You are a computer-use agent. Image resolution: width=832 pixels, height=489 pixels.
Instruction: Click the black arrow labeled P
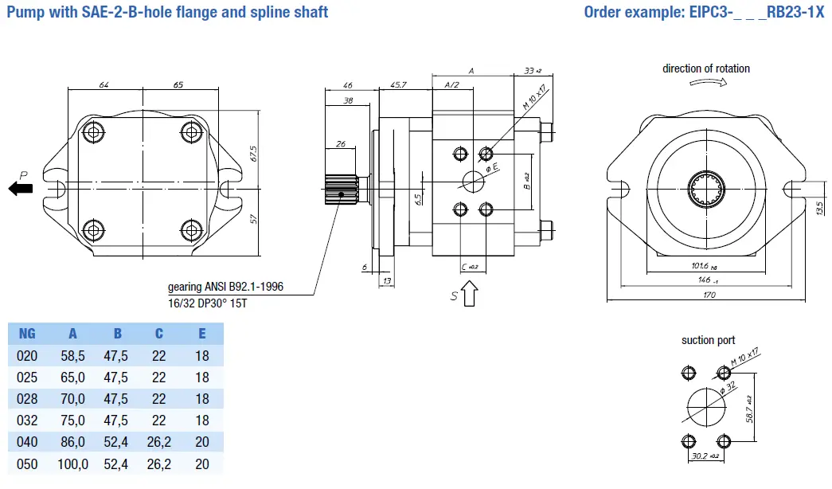pos(21,188)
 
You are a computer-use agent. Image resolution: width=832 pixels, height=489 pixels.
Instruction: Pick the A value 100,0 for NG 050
pos(72,464)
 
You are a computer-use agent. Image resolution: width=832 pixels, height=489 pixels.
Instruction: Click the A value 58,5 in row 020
pos(72,356)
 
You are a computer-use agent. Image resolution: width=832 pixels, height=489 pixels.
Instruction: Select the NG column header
pos(27,334)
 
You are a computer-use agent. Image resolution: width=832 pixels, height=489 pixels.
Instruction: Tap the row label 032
pos(27,421)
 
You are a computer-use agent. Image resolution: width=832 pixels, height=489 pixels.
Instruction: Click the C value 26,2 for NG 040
pos(158,442)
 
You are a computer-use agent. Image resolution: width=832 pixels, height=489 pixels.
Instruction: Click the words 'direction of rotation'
pos(706,68)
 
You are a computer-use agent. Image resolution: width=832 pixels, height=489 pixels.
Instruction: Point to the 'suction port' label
pos(708,341)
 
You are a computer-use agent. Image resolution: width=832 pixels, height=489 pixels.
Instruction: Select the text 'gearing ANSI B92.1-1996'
pos(225,287)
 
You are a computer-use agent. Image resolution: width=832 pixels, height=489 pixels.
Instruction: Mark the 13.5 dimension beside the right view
pos(821,208)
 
